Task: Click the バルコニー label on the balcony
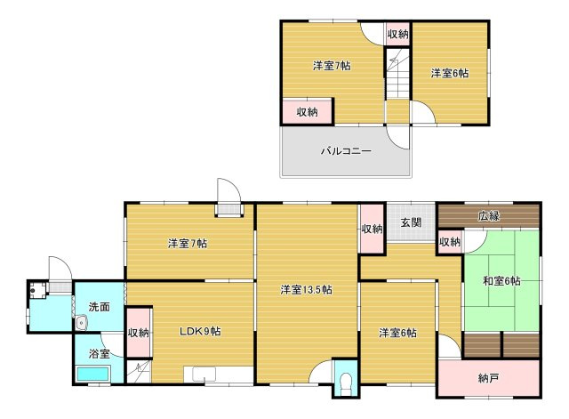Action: (346, 151)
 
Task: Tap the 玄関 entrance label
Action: (410, 222)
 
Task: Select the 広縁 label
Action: (489, 216)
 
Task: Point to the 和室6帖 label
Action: (501, 281)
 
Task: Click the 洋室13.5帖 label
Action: (306, 289)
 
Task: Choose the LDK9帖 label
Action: (200, 331)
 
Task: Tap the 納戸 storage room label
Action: (488, 378)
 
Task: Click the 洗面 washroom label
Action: (99, 307)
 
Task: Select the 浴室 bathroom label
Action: (98, 353)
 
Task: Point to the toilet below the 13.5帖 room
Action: (345, 383)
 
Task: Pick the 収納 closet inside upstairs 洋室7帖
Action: (307, 112)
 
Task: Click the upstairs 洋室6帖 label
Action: (450, 73)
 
